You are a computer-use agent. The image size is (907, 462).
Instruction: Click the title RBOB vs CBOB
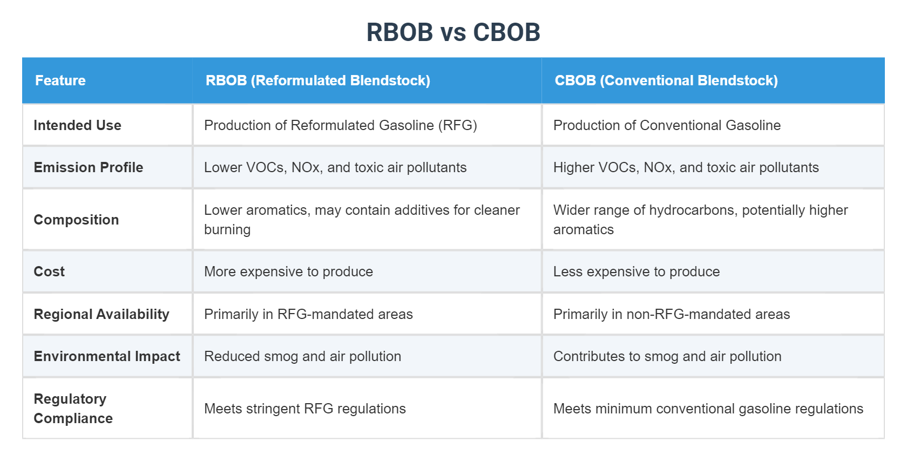click(x=453, y=32)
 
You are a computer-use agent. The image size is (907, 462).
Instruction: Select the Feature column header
click(x=60, y=80)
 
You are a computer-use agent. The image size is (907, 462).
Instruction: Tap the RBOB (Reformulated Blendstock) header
click(x=317, y=80)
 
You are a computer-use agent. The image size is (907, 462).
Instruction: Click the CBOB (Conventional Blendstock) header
click(x=666, y=80)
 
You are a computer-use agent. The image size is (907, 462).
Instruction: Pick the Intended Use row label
click(x=77, y=125)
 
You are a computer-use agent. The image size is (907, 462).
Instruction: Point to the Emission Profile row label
click(x=88, y=167)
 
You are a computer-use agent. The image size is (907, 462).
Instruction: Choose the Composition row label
click(x=76, y=220)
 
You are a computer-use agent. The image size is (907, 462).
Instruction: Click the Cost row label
click(x=49, y=271)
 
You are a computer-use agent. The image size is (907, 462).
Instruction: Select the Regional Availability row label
click(x=101, y=314)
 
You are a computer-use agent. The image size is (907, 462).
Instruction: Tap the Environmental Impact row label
click(x=107, y=356)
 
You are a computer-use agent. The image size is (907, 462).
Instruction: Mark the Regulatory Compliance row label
click(x=73, y=409)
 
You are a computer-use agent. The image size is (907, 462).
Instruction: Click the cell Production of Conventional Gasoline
click(x=667, y=125)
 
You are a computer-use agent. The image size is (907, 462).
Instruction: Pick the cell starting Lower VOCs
click(x=335, y=167)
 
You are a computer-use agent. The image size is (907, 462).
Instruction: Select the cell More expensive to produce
click(x=288, y=271)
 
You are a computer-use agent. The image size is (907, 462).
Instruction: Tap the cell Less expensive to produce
click(x=636, y=271)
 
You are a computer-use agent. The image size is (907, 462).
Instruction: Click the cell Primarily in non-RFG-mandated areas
click(x=671, y=314)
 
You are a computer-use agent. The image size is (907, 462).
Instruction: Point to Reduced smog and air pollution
click(x=302, y=356)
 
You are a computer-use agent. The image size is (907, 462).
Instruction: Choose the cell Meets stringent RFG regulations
click(x=304, y=409)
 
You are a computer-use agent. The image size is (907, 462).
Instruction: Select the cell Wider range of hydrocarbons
click(x=700, y=220)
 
